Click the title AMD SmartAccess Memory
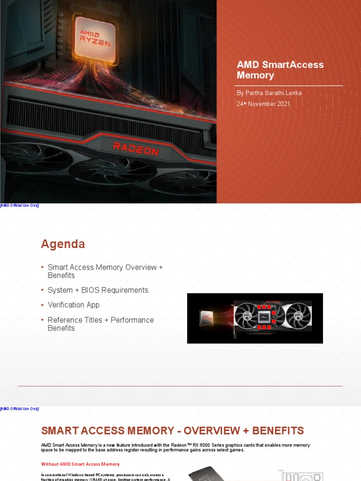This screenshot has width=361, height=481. click(x=280, y=70)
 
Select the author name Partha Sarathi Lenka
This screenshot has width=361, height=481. click(x=269, y=93)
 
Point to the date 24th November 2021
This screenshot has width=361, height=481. click(x=263, y=104)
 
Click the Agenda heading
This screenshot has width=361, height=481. click(x=63, y=244)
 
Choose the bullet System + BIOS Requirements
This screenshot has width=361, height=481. click(x=98, y=290)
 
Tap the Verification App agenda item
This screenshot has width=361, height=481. click(x=73, y=305)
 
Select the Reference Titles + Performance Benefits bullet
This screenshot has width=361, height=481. click(x=101, y=324)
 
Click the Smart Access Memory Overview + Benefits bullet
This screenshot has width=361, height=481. click(x=105, y=271)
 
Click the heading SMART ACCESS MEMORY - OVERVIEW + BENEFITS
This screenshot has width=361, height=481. click(x=173, y=431)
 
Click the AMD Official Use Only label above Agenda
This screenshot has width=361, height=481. click(x=19, y=205)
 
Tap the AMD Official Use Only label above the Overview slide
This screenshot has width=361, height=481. click(x=19, y=409)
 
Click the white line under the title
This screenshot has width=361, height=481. click(x=289, y=85)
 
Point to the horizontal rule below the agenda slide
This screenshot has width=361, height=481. click(x=180, y=386)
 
